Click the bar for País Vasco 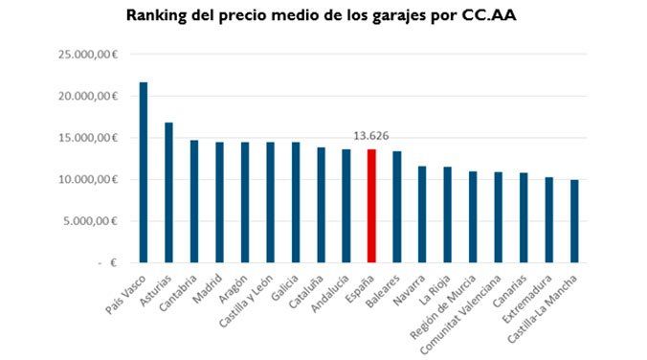(x=144, y=172)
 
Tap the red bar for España (x=371, y=206)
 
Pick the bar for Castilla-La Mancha (x=574, y=221)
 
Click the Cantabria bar (x=194, y=201)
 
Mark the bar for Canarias (x=524, y=217)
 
